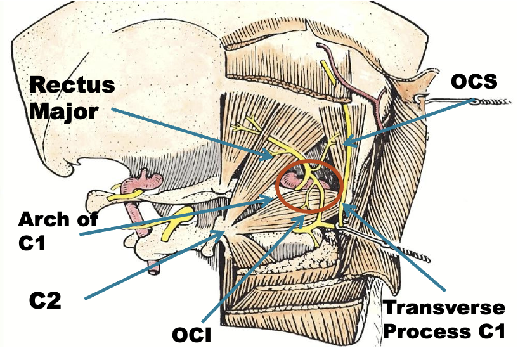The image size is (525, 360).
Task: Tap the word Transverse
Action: [x=444, y=308]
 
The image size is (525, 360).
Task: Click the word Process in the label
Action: [x=426, y=331]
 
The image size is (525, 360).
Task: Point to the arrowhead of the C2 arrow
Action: [x=223, y=233]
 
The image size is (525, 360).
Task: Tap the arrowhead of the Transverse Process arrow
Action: [x=347, y=208]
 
